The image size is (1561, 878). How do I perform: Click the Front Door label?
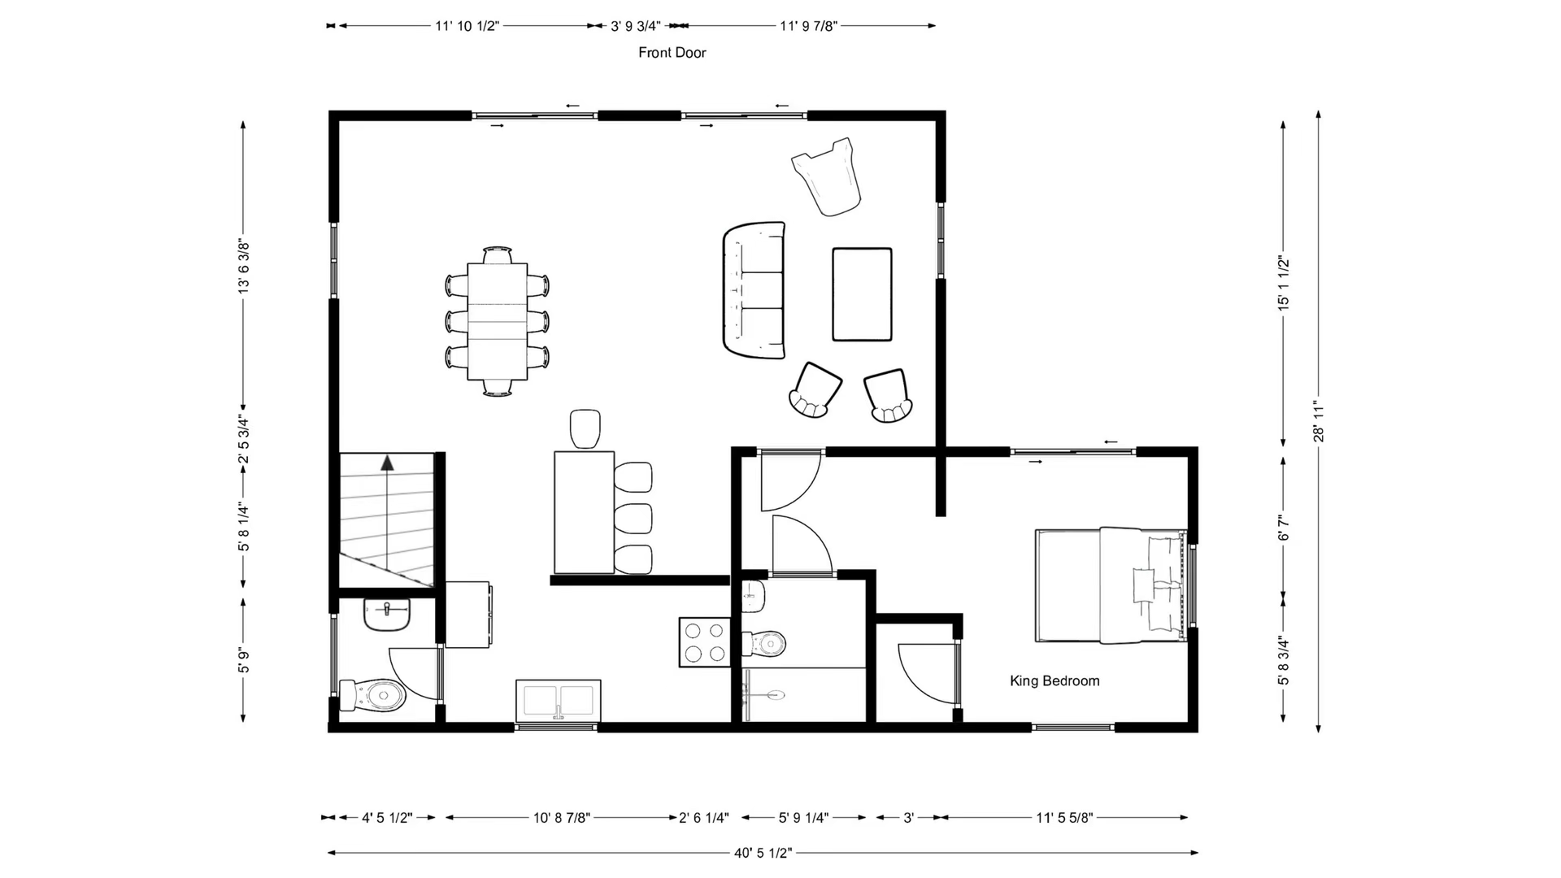click(672, 53)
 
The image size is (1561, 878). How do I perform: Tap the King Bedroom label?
click(1054, 681)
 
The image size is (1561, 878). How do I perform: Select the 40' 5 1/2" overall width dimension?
click(763, 853)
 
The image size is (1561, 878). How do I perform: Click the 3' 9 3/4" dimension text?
click(636, 26)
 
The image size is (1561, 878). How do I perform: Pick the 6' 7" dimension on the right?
click(1283, 528)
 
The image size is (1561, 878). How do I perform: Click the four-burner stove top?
click(705, 642)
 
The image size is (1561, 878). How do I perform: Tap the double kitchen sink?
click(558, 700)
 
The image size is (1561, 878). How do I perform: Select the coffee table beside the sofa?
click(862, 294)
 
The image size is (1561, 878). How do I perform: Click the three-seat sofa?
click(754, 290)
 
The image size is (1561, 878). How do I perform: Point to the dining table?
click(497, 321)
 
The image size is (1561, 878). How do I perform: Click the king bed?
click(1111, 585)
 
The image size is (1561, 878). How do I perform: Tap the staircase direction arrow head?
click(387, 463)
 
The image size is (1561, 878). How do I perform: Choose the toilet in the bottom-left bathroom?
click(373, 695)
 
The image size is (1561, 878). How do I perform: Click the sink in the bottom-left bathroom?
click(387, 615)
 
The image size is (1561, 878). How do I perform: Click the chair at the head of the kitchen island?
click(585, 428)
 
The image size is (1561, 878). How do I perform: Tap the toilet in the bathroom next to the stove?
click(764, 645)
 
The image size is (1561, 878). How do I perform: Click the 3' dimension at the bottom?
click(908, 818)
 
